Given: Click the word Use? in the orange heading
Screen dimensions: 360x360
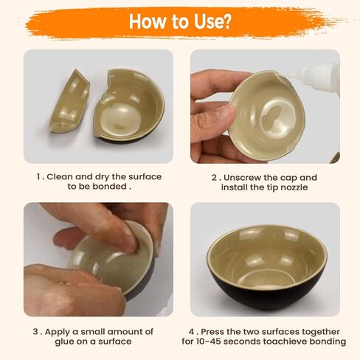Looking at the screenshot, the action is tap(212, 21).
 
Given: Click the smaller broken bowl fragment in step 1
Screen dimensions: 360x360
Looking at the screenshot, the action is tap(69, 102).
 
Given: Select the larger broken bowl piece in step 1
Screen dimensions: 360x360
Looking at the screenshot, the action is tap(129, 105).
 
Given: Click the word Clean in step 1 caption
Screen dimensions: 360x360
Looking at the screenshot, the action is tap(60, 177).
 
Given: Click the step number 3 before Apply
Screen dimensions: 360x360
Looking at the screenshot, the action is tap(35, 332).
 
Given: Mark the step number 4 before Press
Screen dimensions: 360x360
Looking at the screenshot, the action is tap(192, 332).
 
